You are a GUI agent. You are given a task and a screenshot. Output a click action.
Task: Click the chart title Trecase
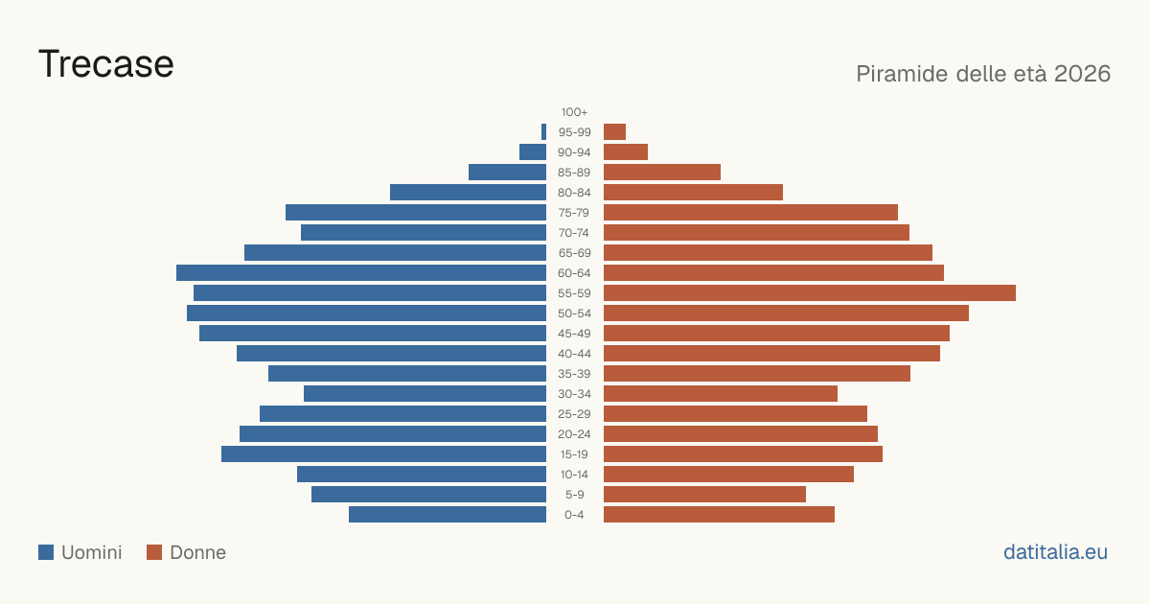coord(106,64)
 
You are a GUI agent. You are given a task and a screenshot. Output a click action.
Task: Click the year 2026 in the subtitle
coord(1082,74)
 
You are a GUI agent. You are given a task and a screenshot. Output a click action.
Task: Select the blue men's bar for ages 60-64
coord(361,272)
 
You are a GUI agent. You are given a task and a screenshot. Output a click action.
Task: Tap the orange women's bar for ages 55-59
coord(810,292)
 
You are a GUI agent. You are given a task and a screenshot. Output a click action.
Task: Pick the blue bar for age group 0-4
coord(448,515)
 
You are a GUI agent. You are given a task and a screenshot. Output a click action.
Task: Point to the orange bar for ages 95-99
coord(614,132)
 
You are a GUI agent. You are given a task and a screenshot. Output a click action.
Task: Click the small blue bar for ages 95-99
coord(543,132)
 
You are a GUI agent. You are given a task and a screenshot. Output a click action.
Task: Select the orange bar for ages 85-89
coord(662,172)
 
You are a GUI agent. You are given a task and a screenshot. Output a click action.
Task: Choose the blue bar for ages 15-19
coord(383,454)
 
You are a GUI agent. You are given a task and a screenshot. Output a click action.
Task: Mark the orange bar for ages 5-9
coord(705,495)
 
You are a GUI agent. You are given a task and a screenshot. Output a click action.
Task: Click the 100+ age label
coord(574,112)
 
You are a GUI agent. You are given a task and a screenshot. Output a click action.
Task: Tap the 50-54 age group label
coord(574,314)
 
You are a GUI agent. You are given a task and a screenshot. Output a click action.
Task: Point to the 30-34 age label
coord(574,394)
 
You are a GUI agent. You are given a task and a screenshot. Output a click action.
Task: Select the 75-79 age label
coord(574,213)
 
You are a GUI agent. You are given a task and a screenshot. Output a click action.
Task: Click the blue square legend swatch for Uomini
coord(46,552)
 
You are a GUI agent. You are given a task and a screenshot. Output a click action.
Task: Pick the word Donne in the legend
coord(197,552)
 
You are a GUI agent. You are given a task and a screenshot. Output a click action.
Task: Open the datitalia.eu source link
coord(1055,552)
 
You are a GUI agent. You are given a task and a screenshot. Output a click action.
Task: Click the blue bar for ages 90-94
coord(533,152)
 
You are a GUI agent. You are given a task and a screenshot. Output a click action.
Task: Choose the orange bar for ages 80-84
coord(693,192)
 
